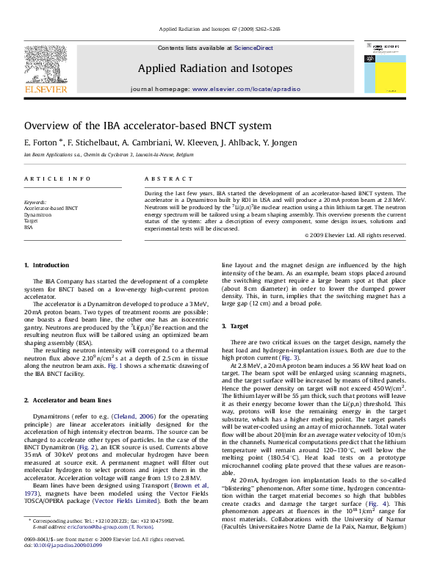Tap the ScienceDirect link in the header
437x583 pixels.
click(x=253, y=48)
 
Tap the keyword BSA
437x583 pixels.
click(x=29, y=227)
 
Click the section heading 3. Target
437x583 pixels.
click(x=239, y=325)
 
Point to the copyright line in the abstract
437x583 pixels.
click(x=354, y=236)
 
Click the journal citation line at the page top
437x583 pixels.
click(x=217, y=30)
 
